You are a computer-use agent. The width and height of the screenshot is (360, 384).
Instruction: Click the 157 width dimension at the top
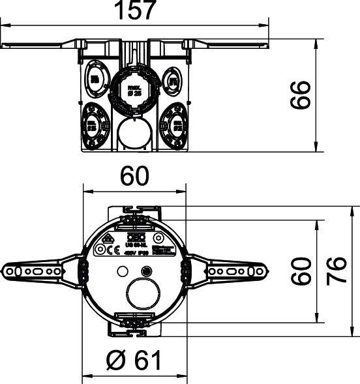click(x=135, y=10)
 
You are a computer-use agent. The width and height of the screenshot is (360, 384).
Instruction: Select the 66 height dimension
click(x=299, y=96)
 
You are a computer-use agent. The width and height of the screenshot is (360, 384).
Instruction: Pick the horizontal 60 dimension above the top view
click(x=135, y=176)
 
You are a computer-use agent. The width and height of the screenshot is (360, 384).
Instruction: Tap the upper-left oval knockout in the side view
click(x=96, y=80)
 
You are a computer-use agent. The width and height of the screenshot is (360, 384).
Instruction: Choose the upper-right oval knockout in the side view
click(x=173, y=80)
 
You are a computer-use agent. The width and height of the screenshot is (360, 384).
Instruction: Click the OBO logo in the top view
click(x=139, y=238)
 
